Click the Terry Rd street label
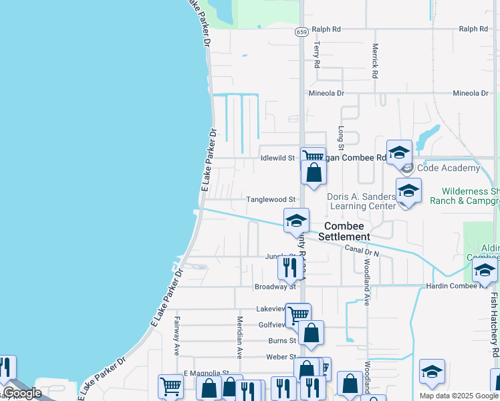(318, 55)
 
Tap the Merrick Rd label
(375, 61)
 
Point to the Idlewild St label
(277, 158)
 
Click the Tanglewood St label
(271, 200)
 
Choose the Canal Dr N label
(362, 251)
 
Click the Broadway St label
(275, 287)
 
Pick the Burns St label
(281, 340)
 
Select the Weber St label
(281, 357)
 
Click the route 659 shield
(301, 31)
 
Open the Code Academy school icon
(399, 152)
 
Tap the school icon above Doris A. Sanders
(408, 191)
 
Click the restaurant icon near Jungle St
(289, 268)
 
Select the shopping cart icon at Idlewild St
(311, 156)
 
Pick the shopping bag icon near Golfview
(311, 332)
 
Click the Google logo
(21, 393)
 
